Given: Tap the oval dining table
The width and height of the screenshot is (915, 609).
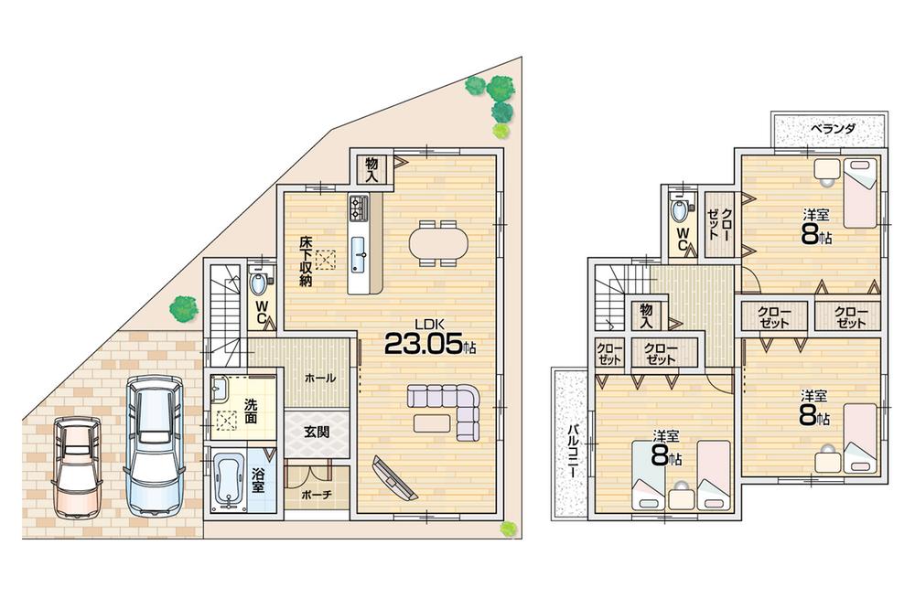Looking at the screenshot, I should [x=437, y=242].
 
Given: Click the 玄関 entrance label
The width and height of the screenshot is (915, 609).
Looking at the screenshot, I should [x=317, y=433].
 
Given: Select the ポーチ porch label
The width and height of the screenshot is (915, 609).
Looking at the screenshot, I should [x=317, y=495].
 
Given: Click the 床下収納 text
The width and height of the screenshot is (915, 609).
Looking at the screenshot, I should [x=305, y=262].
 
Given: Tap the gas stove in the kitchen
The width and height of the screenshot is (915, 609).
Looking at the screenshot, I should [x=358, y=209].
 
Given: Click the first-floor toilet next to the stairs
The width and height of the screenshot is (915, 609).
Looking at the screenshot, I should [x=260, y=283].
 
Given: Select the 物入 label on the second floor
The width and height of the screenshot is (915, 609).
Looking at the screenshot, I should [x=646, y=315].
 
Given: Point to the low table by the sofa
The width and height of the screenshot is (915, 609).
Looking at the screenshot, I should [x=433, y=423].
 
